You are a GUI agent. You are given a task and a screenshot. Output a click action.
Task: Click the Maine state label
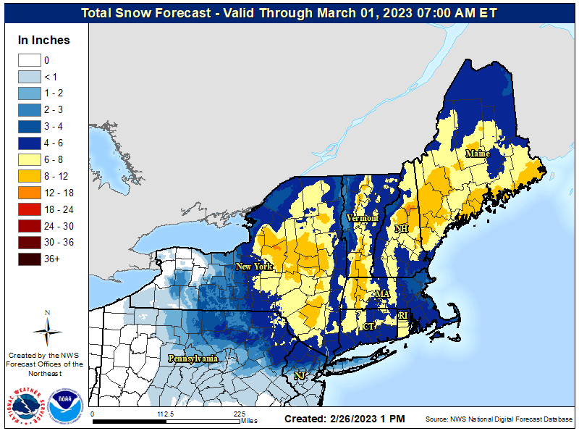(x=477, y=154)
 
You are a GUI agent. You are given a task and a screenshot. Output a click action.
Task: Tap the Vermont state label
(x=362, y=218)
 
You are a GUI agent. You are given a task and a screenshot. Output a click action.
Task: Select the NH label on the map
(x=401, y=230)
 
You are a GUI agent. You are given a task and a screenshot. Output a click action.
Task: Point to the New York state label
(x=253, y=267)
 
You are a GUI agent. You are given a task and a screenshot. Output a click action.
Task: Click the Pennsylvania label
(x=193, y=359)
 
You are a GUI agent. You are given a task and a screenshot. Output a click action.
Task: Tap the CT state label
(x=368, y=327)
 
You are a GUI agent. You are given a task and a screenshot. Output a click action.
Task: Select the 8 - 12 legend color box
(x=30, y=176)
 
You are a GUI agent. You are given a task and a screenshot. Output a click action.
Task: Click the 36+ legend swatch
(x=30, y=259)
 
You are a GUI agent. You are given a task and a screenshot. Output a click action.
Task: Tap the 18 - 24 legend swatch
(x=30, y=209)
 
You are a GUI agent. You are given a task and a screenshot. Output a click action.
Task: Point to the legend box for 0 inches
(x=30, y=60)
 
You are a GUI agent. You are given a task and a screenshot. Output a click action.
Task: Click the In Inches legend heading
(x=44, y=41)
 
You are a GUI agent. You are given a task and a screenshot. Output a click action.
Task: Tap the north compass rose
(x=47, y=330)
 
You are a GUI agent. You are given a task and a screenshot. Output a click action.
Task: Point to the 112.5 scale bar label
(x=166, y=414)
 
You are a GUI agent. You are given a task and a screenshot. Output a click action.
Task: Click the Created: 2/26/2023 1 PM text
(x=345, y=419)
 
